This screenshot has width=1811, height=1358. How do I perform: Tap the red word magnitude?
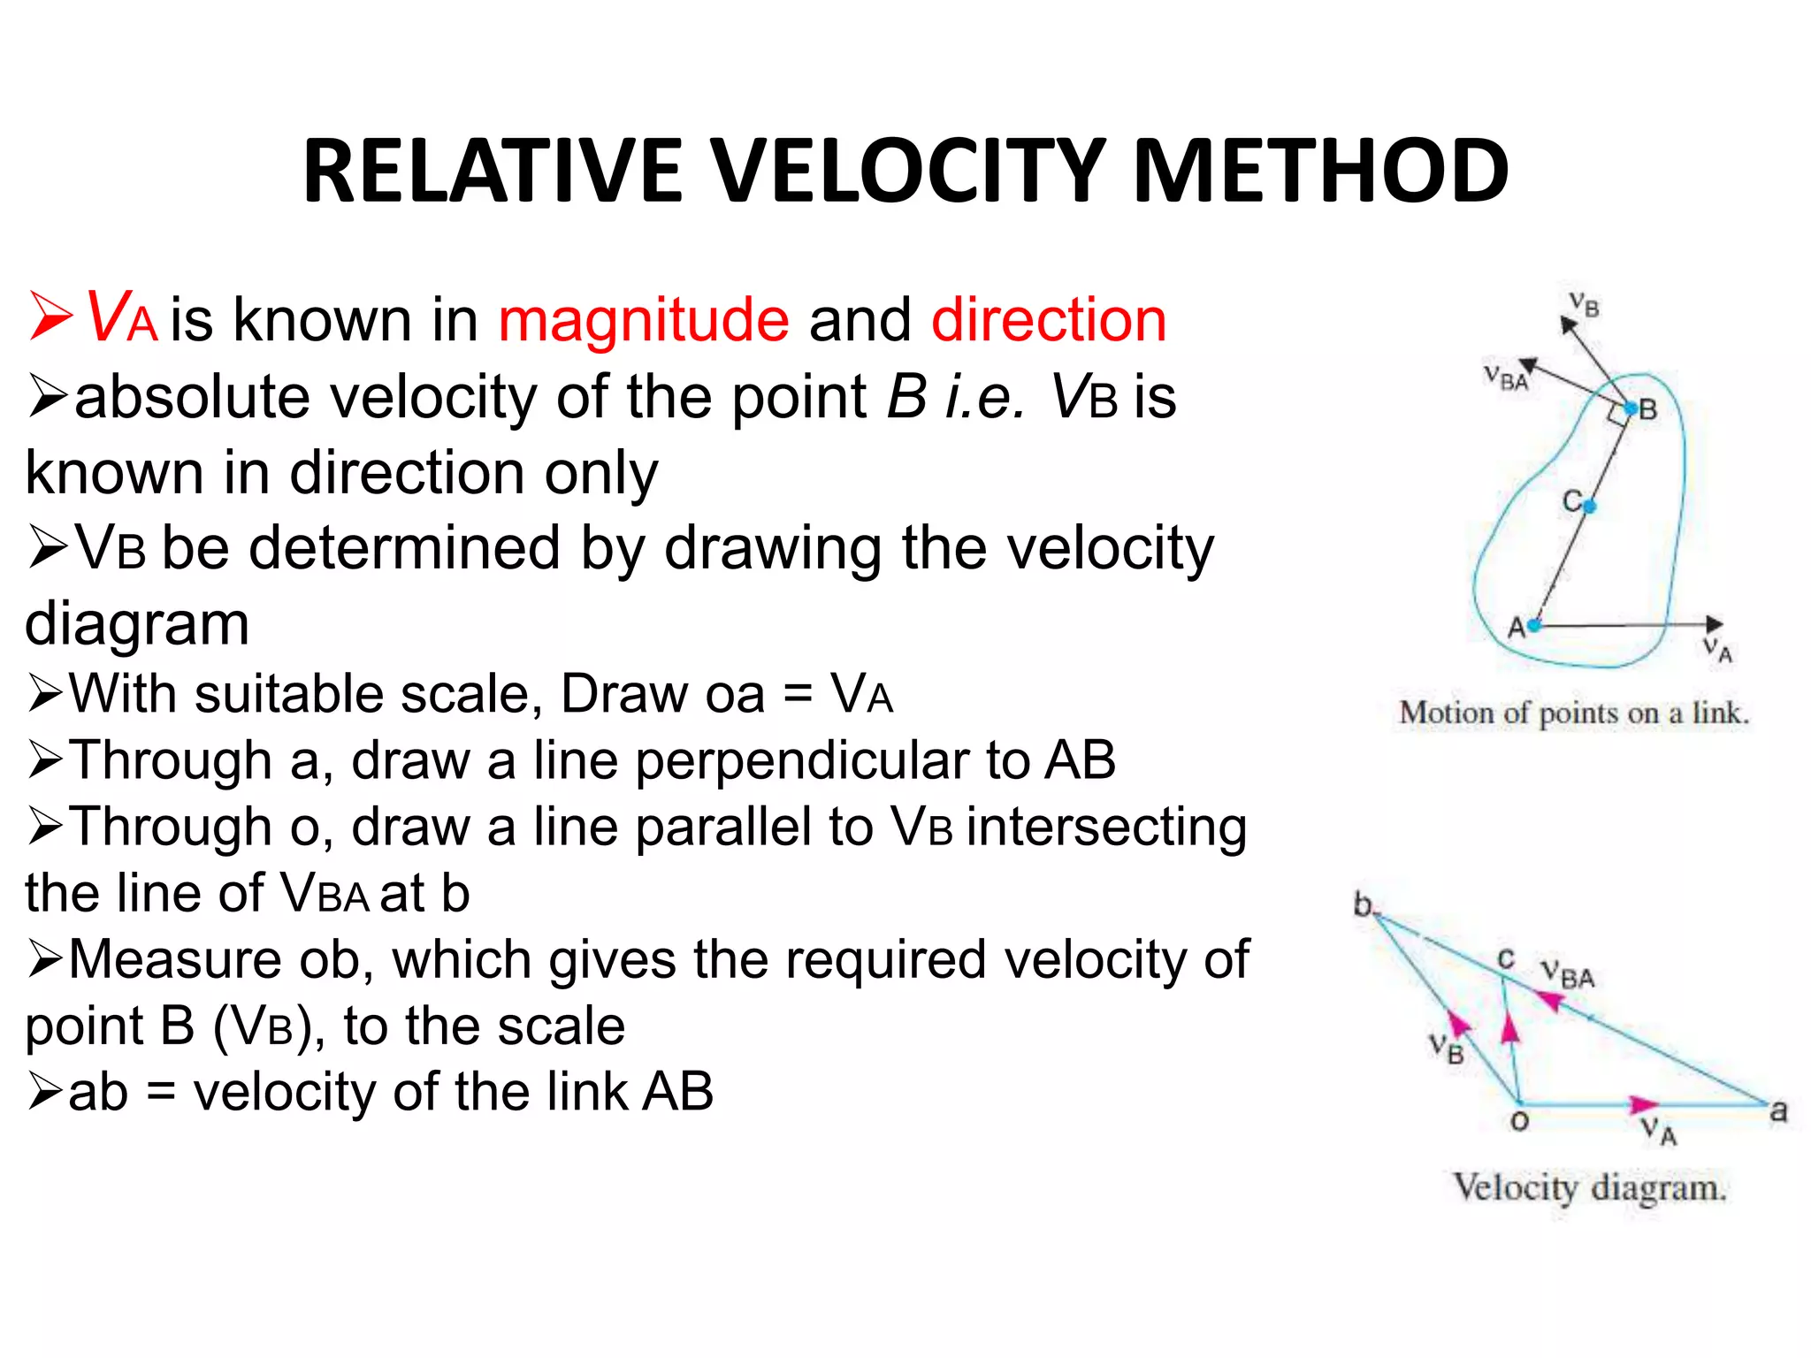pos(643,320)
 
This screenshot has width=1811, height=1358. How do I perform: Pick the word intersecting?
pos(1106,828)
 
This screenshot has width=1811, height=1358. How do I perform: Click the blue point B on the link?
pos(1631,408)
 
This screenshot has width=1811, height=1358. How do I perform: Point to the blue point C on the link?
pos(1589,507)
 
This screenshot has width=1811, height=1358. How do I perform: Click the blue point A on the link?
pos(1534,625)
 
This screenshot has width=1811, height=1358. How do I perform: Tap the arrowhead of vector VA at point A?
pos(1715,624)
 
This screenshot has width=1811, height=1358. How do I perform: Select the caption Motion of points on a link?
pos(1573,713)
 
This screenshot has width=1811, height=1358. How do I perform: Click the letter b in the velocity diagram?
pos(1364,904)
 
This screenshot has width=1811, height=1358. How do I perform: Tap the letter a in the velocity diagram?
pos(1778,1111)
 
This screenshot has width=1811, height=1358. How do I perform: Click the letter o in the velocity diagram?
pos(1519,1123)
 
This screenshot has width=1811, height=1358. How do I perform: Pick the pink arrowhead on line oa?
pos(1643,1103)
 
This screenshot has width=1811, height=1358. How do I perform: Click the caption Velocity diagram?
pos(1589,1187)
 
